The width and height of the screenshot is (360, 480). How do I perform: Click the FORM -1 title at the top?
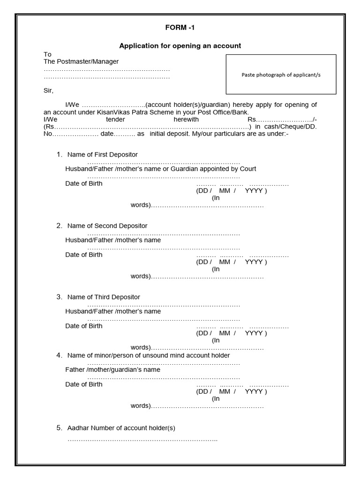click(x=180, y=28)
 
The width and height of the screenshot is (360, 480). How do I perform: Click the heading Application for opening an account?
click(x=180, y=45)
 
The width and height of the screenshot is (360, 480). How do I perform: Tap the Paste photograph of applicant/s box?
click(x=281, y=75)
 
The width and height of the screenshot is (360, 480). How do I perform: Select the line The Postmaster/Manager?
click(x=81, y=61)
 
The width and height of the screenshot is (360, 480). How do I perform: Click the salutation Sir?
click(x=49, y=90)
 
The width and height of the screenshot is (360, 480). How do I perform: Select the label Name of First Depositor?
click(x=102, y=155)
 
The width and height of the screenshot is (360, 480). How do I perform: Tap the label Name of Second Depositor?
click(x=107, y=226)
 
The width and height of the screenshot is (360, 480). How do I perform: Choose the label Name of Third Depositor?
click(x=104, y=297)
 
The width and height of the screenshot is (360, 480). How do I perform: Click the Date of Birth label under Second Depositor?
click(x=83, y=255)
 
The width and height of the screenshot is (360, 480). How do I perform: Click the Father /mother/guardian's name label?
click(x=112, y=370)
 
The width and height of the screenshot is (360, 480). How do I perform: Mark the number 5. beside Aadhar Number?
click(x=60, y=428)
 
